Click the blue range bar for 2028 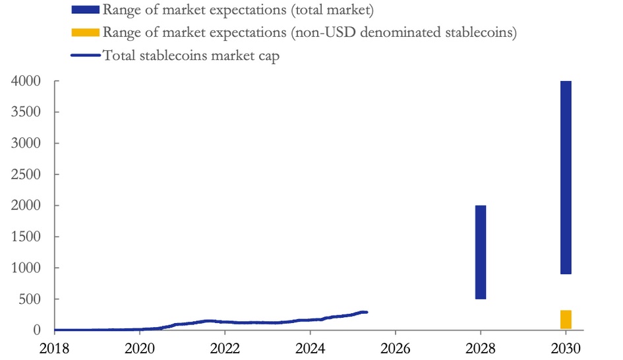pyautogui.click(x=481, y=252)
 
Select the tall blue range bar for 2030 pyautogui.click(x=566, y=177)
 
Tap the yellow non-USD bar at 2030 pyautogui.click(x=566, y=319)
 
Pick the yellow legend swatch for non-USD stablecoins pyautogui.click(x=85, y=32)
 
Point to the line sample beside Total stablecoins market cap pyautogui.click(x=85, y=55)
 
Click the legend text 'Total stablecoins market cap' pyautogui.click(x=191, y=56)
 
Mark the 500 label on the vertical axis pyautogui.click(x=30, y=299)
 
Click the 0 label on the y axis pyautogui.click(x=38, y=330)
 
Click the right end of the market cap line pyautogui.click(x=367, y=312)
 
